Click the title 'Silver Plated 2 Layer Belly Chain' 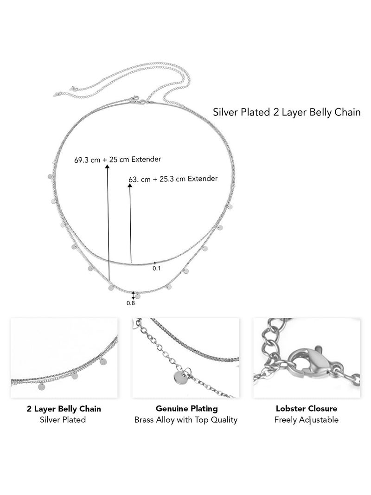pyautogui.click(x=287, y=112)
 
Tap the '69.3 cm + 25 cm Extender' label pyautogui.click(x=118, y=160)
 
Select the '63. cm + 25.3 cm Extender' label pyautogui.click(x=173, y=179)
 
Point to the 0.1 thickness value pyautogui.click(x=157, y=268)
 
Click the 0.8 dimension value pyautogui.click(x=131, y=303)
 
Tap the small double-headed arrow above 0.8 pyautogui.click(x=133, y=296)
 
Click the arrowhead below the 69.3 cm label pyautogui.click(x=107, y=167)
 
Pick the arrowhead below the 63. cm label pyautogui.click(x=130, y=185)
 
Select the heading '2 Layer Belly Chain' pyautogui.click(x=64, y=409)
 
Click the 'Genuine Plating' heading pyautogui.click(x=187, y=409)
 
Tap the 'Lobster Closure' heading pyautogui.click(x=307, y=409)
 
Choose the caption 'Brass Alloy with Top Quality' pyautogui.click(x=186, y=420)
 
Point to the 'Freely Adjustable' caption pyautogui.click(x=307, y=420)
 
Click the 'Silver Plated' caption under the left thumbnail pyautogui.click(x=63, y=420)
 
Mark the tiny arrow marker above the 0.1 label pyautogui.click(x=154, y=263)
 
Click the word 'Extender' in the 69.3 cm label pyautogui.click(x=146, y=159)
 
